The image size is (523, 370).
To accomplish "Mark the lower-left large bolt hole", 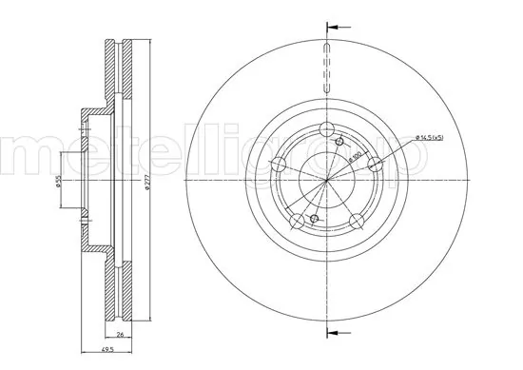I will coord(299,221).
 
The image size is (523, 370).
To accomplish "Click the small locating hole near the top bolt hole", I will coord(340,141).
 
